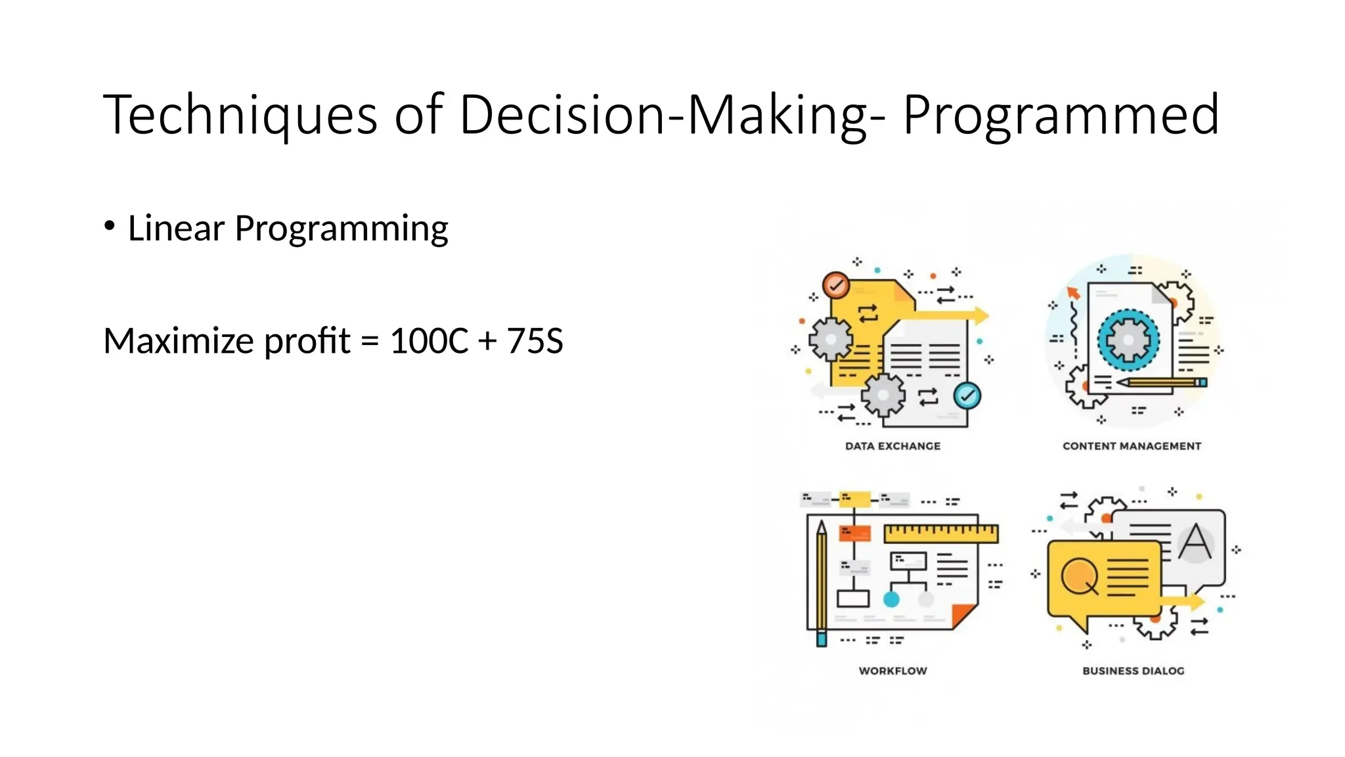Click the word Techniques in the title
(x=240, y=116)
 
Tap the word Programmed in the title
(x=1061, y=116)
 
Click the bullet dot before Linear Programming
(x=110, y=227)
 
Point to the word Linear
(x=176, y=228)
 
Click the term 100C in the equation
(x=429, y=341)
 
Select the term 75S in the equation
(x=535, y=341)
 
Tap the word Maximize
(x=179, y=341)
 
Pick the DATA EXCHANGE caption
(x=893, y=446)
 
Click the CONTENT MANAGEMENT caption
(x=1132, y=446)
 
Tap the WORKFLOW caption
(x=893, y=671)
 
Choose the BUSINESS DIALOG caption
(x=1133, y=671)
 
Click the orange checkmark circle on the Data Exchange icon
(x=836, y=286)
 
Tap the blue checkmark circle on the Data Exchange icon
(x=967, y=396)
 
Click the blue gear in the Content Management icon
(x=1128, y=340)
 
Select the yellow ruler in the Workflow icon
(x=940, y=533)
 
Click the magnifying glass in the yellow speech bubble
(x=1079, y=576)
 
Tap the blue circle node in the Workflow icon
(x=891, y=599)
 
